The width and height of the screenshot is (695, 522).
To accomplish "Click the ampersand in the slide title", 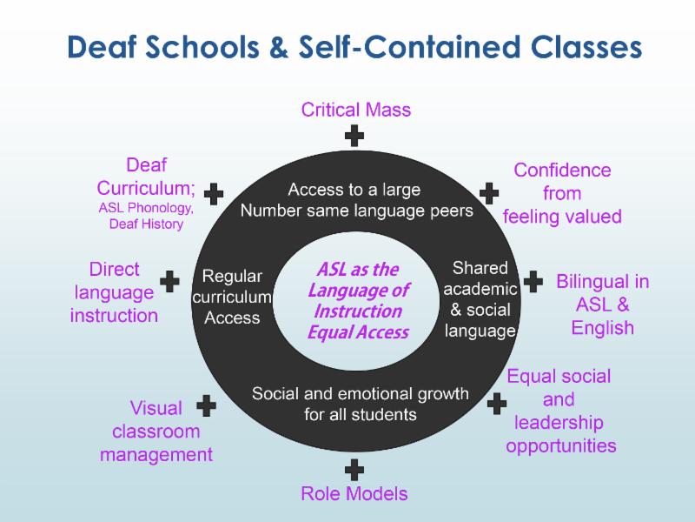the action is [x=278, y=48].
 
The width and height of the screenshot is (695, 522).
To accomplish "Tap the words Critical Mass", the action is [x=356, y=110].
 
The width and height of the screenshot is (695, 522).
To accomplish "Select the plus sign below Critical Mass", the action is [x=354, y=136].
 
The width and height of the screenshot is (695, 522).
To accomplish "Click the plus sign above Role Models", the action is [x=354, y=470].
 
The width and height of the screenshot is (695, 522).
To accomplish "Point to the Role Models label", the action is [x=354, y=493].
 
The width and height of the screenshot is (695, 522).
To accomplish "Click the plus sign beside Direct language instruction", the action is [x=169, y=281].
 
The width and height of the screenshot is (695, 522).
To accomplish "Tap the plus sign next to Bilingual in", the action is [x=533, y=281].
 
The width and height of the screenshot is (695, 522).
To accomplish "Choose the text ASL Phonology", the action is [x=146, y=208].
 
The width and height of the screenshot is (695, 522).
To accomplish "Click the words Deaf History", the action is [x=146, y=224].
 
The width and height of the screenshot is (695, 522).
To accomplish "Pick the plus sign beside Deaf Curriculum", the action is [x=214, y=194].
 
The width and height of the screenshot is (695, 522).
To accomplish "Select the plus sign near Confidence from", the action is [x=489, y=193].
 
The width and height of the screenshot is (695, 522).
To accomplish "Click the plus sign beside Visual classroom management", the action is [x=206, y=405].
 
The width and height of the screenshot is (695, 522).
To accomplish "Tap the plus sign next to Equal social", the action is [x=497, y=404].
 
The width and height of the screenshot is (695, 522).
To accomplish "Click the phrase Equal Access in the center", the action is [x=358, y=332].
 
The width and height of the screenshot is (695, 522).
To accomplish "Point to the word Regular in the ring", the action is [x=232, y=277].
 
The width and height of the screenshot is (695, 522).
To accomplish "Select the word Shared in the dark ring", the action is [x=480, y=268].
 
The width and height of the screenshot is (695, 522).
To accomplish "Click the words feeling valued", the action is [x=562, y=217].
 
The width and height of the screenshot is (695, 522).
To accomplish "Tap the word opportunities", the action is [x=561, y=445].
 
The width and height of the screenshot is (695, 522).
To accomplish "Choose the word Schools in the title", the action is [x=202, y=47].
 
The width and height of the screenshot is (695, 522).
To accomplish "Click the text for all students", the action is [x=361, y=415].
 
